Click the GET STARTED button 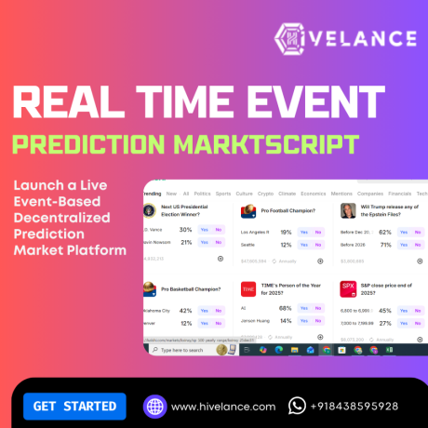click(74, 406)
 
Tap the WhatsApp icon click(298, 406)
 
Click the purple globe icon click(154, 406)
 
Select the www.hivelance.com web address click(222, 407)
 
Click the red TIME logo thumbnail click(248, 289)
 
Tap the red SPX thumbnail click(348, 289)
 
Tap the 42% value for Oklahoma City click(185, 311)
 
